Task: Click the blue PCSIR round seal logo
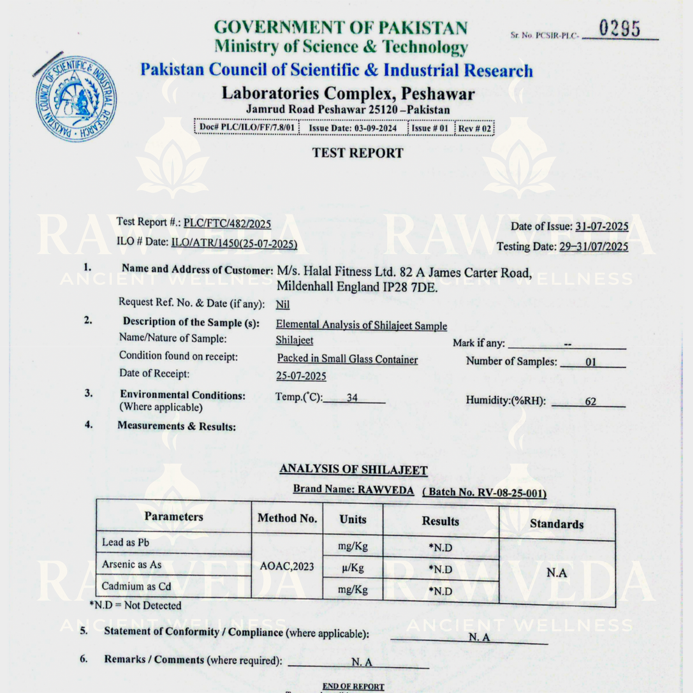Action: pyautogui.click(x=76, y=99)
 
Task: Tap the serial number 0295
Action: pyautogui.click(x=620, y=29)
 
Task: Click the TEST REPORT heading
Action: pyautogui.click(x=358, y=153)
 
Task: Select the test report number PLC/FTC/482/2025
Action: pyautogui.click(x=227, y=224)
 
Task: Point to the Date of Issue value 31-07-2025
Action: pyautogui.click(x=602, y=226)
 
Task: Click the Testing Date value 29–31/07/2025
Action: pyautogui.click(x=594, y=246)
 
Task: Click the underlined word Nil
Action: pyautogui.click(x=283, y=304)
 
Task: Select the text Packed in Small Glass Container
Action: pyautogui.click(x=347, y=359)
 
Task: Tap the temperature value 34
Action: pyautogui.click(x=352, y=397)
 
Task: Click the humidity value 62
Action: pyautogui.click(x=590, y=401)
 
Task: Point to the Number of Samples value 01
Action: pyautogui.click(x=590, y=362)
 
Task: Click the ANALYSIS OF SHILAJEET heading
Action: pyautogui.click(x=353, y=469)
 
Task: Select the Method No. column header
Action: pyautogui.click(x=287, y=518)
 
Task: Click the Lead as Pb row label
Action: pyautogui.click(x=126, y=542)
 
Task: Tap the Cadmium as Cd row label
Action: pyautogui.click(x=136, y=586)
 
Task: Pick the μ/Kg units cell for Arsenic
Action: pyautogui.click(x=353, y=568)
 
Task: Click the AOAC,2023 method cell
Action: pyautogui.click(x=287, y=566)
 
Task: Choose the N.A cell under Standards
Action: pyautogui.click(x=557, y=573)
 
